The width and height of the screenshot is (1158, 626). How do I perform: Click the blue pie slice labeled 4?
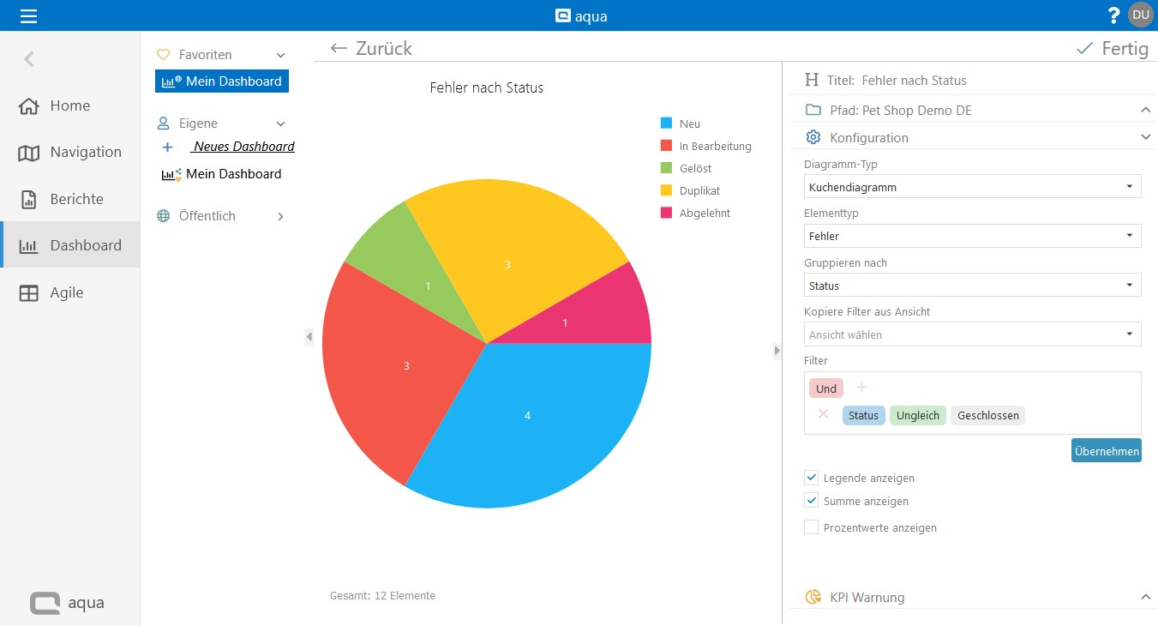coord(527,420)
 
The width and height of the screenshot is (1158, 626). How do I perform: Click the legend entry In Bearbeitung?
coord(715,147)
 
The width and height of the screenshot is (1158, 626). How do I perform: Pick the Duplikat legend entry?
coord(699,191)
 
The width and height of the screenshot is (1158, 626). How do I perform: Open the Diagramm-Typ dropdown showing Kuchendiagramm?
coord(972,187)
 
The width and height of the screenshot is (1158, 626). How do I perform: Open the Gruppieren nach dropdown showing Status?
coord(972,286)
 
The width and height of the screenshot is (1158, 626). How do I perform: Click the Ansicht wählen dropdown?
coord(972,334)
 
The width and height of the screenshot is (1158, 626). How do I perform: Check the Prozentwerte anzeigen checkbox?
coord(811,527)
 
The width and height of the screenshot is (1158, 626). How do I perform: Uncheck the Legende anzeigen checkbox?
coord(811,478)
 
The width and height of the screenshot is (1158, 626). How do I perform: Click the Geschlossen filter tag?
coord(987,415)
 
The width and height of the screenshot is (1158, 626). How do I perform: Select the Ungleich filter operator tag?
coord(918,415)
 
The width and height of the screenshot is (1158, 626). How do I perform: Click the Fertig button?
coord(1113,49)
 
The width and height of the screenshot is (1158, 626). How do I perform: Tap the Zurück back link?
coord(371,49)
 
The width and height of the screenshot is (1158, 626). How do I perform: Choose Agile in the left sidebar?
coord(66,292)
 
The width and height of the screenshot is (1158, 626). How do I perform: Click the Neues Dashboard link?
coord(243,147)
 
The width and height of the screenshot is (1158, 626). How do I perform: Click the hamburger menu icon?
coord(29,15)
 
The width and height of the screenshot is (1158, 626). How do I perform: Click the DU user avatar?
coord(1140,15)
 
